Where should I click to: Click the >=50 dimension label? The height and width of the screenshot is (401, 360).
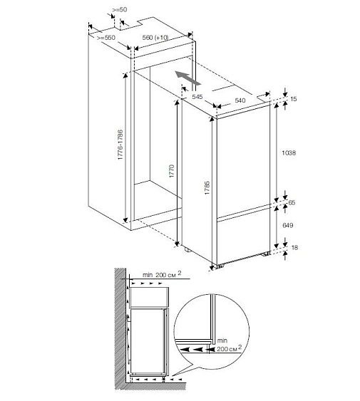tap(120, 10)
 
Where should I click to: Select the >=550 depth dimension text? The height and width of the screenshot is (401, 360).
tap(106, 38)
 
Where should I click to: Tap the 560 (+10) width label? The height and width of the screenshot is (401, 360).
tap(155, 38)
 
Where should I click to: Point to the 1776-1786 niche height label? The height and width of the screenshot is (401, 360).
tap(120, 145)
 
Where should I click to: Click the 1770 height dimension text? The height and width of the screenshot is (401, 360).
tap(171, 171)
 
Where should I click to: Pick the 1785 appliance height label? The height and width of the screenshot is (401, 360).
tap(207, 188)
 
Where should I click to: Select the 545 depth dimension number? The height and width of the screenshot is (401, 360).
tap(197, 97)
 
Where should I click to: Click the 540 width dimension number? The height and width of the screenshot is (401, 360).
tap(240, 100)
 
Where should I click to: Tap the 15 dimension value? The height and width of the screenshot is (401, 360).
tap(294, 99)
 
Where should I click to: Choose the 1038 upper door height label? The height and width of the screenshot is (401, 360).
tap(289, 153)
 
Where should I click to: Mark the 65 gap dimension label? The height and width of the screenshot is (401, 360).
tap(292, 202)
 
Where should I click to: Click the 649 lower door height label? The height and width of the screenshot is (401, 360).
tap(288, 225)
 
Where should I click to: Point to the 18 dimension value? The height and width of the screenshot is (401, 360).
tap(294, 248)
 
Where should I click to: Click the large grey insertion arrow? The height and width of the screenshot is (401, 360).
tap(188, 78)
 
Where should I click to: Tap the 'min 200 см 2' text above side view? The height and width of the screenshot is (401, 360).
tap(162, 275)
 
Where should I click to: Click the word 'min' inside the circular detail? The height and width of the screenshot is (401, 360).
tap(222, 340)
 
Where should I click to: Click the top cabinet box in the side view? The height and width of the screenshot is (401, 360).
tap(149, 298)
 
